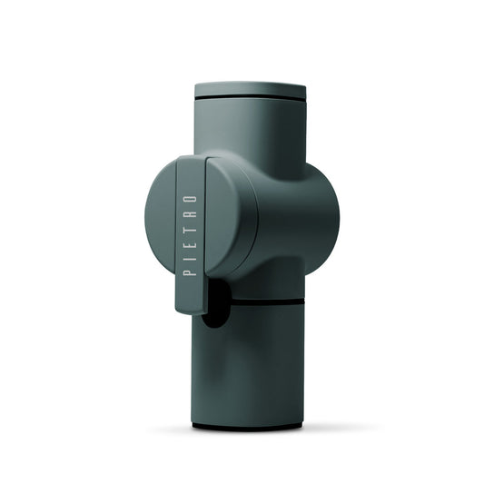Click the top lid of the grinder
[x=250, y=89]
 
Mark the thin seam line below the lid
[x=250, y=97]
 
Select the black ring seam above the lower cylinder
[x=263, y=300]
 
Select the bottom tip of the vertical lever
[x=191, y=309]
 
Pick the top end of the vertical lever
[x=190, y=162]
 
